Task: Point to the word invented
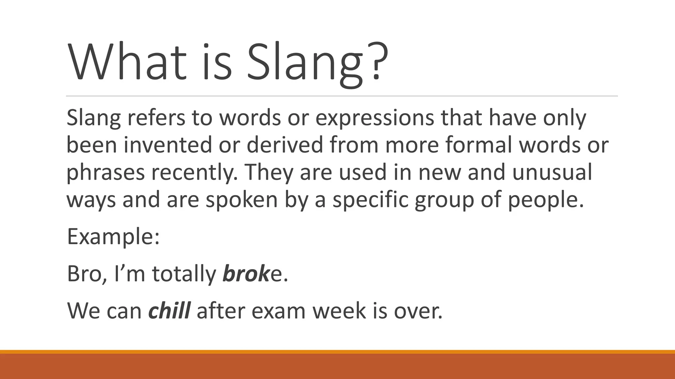pos(167,145)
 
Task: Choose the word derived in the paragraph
pos(285,145)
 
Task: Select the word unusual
pos(552,172)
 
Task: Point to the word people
pos(545,200)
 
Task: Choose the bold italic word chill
pos(169,311)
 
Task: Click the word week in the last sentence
pos(339,311)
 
